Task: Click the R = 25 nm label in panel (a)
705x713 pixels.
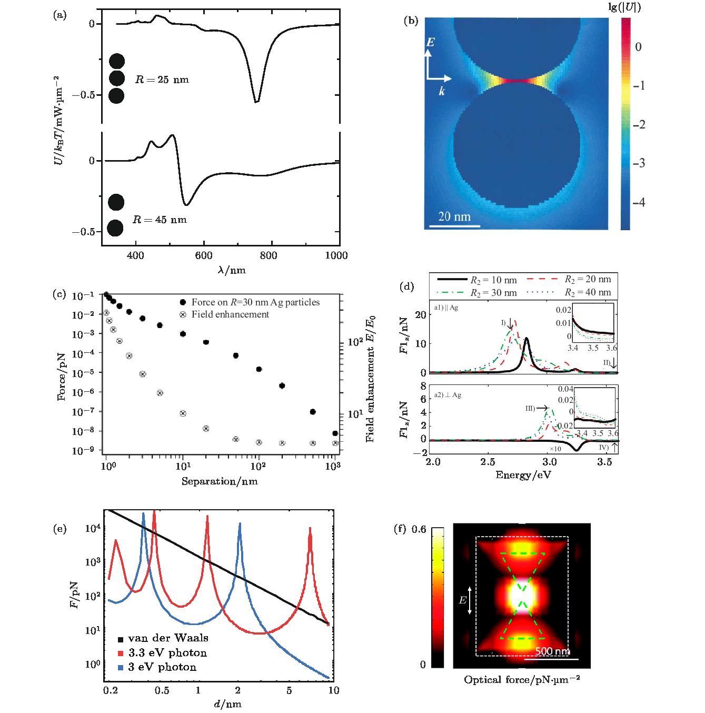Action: (162, 80)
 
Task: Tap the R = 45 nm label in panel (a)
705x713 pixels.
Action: (160, 220)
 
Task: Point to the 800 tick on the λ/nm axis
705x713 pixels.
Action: (269, 255)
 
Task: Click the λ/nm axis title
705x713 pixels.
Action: (232, 270)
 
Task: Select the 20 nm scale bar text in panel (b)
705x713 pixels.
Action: (454, 216)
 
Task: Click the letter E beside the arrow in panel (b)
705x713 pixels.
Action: (430, 42)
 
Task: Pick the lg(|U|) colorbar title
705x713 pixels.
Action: (624, 7)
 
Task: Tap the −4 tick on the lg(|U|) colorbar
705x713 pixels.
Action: (639, 202)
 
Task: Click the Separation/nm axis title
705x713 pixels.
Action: (220, 481)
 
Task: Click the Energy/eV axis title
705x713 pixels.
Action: (523, 475)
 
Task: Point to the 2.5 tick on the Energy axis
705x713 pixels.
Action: (488, 462)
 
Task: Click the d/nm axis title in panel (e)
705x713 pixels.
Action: (227, 704)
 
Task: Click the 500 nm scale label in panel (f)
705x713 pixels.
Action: (552, 651)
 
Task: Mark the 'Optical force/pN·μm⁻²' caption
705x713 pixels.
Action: (522, 680)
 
